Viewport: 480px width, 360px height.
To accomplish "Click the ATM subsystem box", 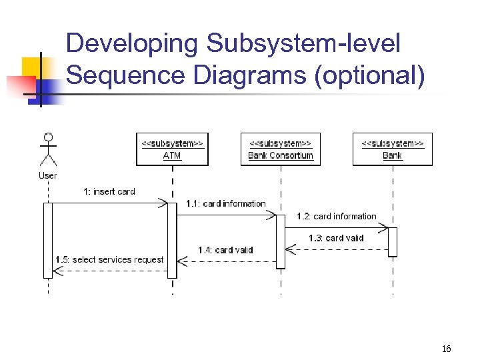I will [172, 149].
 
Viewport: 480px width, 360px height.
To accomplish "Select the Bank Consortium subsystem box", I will [281, 149].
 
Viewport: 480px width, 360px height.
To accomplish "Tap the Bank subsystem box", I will [392, 149].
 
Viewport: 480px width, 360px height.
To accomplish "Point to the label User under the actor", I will [47, 175].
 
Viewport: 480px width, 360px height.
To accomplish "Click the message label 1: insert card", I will [109, 191].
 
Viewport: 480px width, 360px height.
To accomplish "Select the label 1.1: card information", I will [225, 203].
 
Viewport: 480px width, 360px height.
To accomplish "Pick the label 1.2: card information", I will [337, 216].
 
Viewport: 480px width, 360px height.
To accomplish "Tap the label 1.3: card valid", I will [336, 237].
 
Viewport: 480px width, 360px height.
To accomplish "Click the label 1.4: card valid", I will [225, 250].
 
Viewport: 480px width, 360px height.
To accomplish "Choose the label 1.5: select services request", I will [109, 259].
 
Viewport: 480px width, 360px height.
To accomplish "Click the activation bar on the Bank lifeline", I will [393, 241].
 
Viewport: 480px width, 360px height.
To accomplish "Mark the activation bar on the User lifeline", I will [48, 240].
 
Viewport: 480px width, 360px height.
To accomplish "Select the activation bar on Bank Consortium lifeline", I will [281, 241].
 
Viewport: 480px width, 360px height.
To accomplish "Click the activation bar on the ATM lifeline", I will [172, 240].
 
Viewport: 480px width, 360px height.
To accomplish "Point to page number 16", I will [446, 349].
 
